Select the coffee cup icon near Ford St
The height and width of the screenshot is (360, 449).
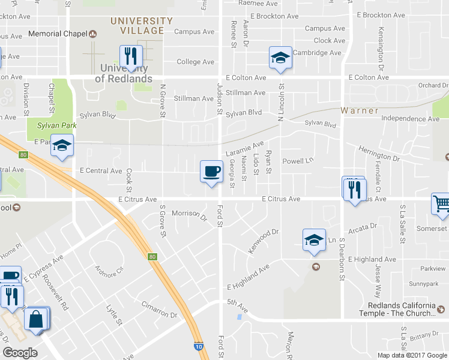tap(211, 171)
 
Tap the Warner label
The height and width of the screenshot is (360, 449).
tap(360, 110)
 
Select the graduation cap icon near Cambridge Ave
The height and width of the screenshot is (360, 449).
tap(280, 58)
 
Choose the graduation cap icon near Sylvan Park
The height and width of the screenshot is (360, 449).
tap(61, 146)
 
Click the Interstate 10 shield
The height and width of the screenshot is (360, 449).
tap(198, 346)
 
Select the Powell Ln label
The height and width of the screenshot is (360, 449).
tap(298, 161)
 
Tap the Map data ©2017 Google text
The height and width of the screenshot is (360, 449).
tap(412, 355)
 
